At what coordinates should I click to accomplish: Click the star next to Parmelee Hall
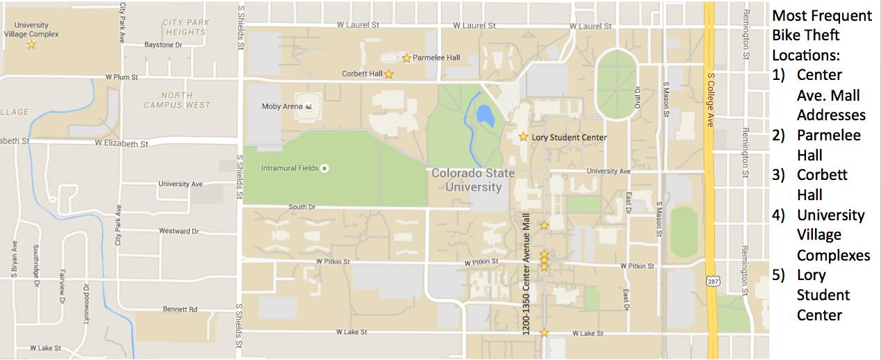[x=406, y=58]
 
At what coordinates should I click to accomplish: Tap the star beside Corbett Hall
[x=389, y=74]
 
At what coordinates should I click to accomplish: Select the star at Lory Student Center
[x=523, y=137]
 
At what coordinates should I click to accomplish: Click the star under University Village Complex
[x=31, y=44]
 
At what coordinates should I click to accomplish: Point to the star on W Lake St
[x=544, y=333]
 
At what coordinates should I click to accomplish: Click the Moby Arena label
[x=281, y=106]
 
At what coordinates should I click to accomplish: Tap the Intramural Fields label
[x=290, y=168]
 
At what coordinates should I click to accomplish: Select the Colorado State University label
[x=473, y=180]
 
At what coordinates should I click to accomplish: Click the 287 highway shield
[x=711, y=281]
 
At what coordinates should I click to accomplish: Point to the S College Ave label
[x=710, y=100]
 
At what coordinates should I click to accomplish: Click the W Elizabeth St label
[x=122, y=144]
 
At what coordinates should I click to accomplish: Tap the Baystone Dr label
[x=163, y=44]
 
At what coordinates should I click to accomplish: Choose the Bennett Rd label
[x=180, y=309]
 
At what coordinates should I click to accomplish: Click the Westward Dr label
[x=179, y=231]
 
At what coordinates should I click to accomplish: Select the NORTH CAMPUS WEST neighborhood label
[x=177, y=100]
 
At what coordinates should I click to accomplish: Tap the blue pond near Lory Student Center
[x=486, y=115]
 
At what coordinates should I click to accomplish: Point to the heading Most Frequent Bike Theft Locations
[x=821, y=35]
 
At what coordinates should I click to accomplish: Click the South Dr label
[x=302, y=207]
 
